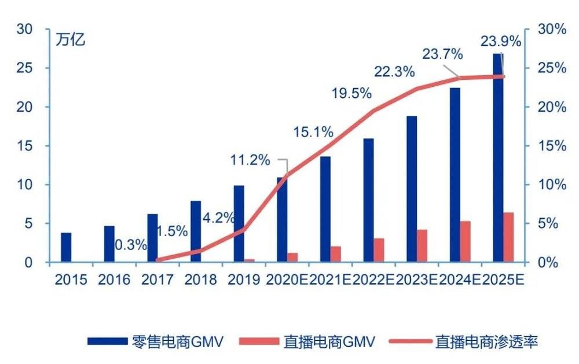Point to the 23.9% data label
tap(500, 41)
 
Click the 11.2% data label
tap(251, 160)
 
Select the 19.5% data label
tap(351, 93)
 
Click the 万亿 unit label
tap(71, 41)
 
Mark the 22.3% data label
tap(394, 72)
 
